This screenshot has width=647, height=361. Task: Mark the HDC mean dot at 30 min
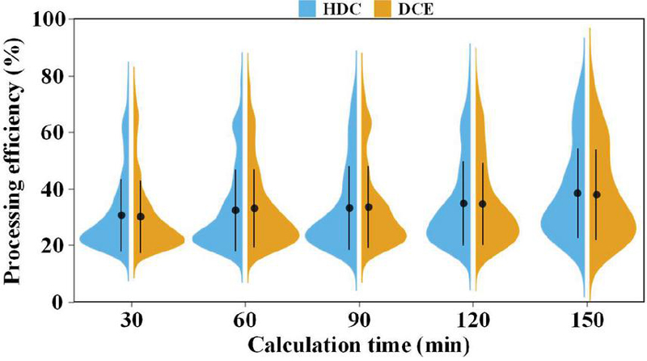tap(121, 215)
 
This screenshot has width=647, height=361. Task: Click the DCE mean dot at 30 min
tap(141, 216)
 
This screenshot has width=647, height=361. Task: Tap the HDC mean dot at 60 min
tap(235, 210)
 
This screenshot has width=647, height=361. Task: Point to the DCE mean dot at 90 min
tap(369, 207)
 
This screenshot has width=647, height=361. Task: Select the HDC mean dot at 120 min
tap(463, 203)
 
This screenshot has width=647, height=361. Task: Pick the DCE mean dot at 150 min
tap(597, 194)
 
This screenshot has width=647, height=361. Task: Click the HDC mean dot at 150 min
tap(577, 193)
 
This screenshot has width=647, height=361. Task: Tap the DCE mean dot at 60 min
tap(255, 208)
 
